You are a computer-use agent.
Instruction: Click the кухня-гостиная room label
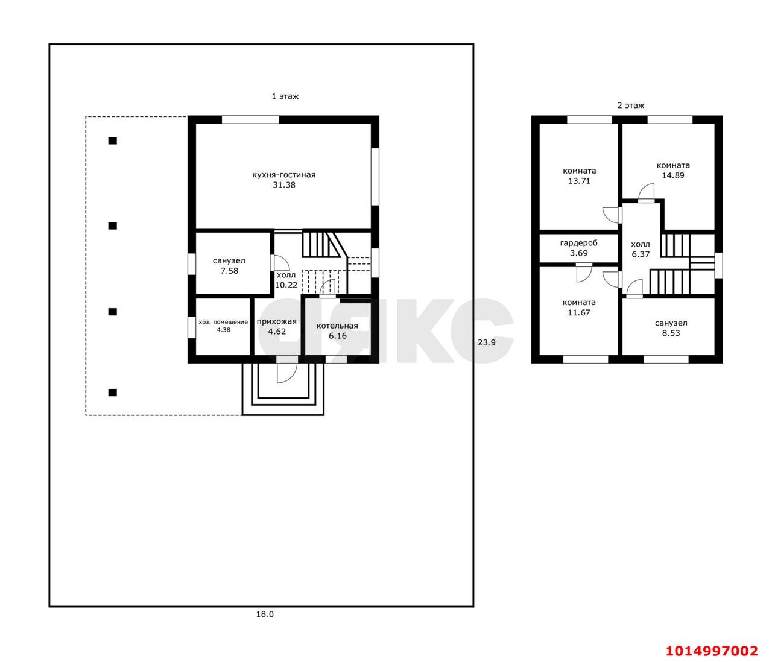tap(284, 175)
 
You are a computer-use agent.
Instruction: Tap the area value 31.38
tap(284, 185)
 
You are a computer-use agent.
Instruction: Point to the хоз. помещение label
tap(223, 322)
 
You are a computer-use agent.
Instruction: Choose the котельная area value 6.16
tap(338, 336)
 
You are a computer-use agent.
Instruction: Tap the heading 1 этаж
tap(285, 96)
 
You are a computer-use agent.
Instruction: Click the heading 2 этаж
tap(630, 106)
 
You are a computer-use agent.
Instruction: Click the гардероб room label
tap(578, 243)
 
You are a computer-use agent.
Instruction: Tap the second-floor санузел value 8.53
tap(671, 333)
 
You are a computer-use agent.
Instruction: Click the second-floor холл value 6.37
tap(641, 254)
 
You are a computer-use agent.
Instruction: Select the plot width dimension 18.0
tap(265, 614)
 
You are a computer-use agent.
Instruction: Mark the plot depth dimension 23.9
tap(487, 342)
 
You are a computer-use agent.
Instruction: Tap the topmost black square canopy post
tap(112, 140)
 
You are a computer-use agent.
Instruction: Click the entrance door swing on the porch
tap(287, 373)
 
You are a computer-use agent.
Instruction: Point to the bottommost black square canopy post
tap(112, 392)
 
